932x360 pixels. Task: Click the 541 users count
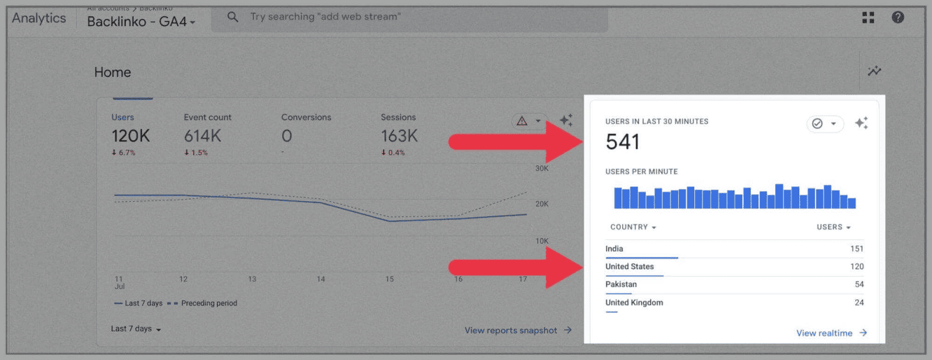click(623, 142)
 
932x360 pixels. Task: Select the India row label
click(614, 249)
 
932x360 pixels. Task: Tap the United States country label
click(629, 267)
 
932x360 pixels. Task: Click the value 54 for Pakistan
click(859, 284)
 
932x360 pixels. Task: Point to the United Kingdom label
click(634, 302)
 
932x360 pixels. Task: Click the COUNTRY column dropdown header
click(633, 227)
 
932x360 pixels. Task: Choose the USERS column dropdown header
click(834, 227)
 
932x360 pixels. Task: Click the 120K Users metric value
click(130, 136)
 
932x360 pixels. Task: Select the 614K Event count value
click(202, 136)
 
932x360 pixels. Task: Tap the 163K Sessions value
click(399, 136)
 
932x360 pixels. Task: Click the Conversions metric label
click(306, 117)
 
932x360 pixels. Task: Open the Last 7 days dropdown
click(136, 329)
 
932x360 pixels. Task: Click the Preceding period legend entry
click(209, 303)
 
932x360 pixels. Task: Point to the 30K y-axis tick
click(542, 168)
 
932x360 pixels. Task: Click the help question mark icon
click(898, 17)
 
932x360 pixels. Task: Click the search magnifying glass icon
click(232, 17)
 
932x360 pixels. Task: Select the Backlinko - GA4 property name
click(140, 22)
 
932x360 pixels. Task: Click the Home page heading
click(112, 72)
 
